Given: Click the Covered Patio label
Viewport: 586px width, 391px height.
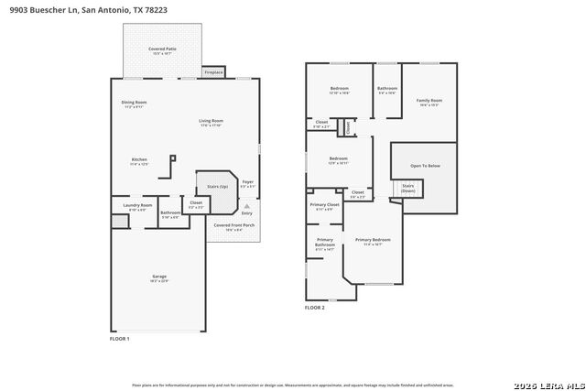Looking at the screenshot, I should click(163, 49).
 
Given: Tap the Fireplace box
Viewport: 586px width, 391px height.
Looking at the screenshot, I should click(213, 71).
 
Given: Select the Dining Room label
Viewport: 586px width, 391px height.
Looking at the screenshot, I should click(135, 103).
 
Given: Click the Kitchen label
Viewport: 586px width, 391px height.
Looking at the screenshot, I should click(139, 161).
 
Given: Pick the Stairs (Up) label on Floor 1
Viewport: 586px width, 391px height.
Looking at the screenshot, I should click(216, 185).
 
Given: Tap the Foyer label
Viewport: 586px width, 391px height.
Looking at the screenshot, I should click(247, 183).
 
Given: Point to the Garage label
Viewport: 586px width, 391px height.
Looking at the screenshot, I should click(159, 278).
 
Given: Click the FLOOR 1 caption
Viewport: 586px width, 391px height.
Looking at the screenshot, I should click(120, 339).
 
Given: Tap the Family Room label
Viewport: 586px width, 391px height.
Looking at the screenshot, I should click(429, 102).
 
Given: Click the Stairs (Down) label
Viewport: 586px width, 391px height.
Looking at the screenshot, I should click(407, 188).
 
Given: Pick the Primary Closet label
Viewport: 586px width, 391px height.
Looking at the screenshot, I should click(324, 207).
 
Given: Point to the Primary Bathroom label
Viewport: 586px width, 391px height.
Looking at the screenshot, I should click(325, 244).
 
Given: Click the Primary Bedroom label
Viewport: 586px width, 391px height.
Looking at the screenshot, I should click(373, 243).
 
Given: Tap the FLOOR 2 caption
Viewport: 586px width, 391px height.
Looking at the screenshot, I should click(314, 308).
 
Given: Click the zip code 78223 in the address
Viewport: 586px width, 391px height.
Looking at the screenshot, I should click(157, 9).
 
